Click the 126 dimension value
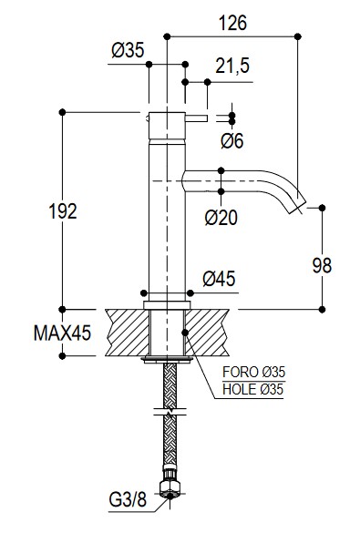pos(233,23)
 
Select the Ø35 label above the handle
pos(128,50)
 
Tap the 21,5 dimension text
pos(232,66)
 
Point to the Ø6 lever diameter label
pos(232,140)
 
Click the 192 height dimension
pos(63,211)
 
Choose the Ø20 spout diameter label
pos(221,218)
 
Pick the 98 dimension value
pos(322,265)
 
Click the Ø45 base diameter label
pos(219,279)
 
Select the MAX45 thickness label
pos(63,333)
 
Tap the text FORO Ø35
pos(253,373)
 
